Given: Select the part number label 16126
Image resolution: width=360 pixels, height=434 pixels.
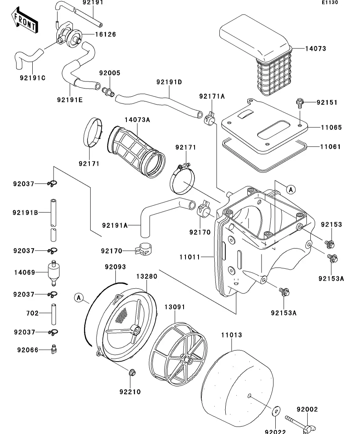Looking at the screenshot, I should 105,35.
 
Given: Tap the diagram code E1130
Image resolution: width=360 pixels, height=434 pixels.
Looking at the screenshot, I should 330,2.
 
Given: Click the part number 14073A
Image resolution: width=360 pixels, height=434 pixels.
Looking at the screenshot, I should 137,120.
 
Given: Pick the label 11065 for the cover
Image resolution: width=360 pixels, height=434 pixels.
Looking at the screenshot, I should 331,127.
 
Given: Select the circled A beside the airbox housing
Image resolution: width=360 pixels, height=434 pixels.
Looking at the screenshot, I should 291,190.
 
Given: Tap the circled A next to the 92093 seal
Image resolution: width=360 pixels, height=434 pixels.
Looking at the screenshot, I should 79,298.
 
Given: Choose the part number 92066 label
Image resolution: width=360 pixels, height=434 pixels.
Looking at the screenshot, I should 28,349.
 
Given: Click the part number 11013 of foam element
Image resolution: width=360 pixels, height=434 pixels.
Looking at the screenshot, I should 232,335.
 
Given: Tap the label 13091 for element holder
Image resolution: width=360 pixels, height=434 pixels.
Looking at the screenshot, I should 175,307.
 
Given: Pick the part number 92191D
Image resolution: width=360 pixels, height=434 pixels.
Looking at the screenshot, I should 169,82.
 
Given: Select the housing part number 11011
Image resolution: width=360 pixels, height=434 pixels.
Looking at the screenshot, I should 190,257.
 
